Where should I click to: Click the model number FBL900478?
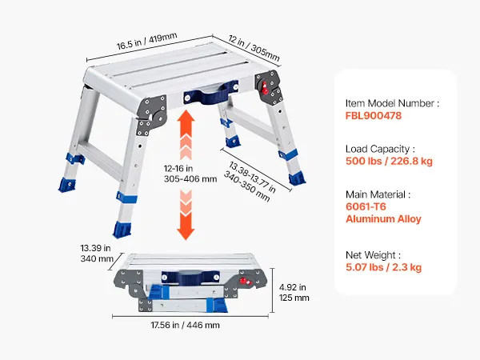pos(373,116)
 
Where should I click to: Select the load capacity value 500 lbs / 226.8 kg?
pos(389,161)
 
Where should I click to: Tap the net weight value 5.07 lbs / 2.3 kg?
pos(383,267)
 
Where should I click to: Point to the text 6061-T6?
pos(366,206)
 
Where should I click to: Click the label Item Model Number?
pos(390,103)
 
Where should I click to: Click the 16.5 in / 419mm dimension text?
pos(146,42)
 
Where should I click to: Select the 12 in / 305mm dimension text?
pos(254,48)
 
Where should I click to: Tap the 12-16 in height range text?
pos(178,168)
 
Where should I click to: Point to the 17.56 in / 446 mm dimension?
pos(186,325)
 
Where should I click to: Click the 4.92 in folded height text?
pos(293,287)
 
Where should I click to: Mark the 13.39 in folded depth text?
pos(95,248)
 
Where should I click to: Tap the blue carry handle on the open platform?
pos(211,93)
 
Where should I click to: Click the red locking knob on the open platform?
pos(265,88)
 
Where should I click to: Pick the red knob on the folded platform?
pos(244,281)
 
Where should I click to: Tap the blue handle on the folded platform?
pos(190,278)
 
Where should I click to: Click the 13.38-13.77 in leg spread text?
pos(252,177)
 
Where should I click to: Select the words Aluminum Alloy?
pos(383,219)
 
